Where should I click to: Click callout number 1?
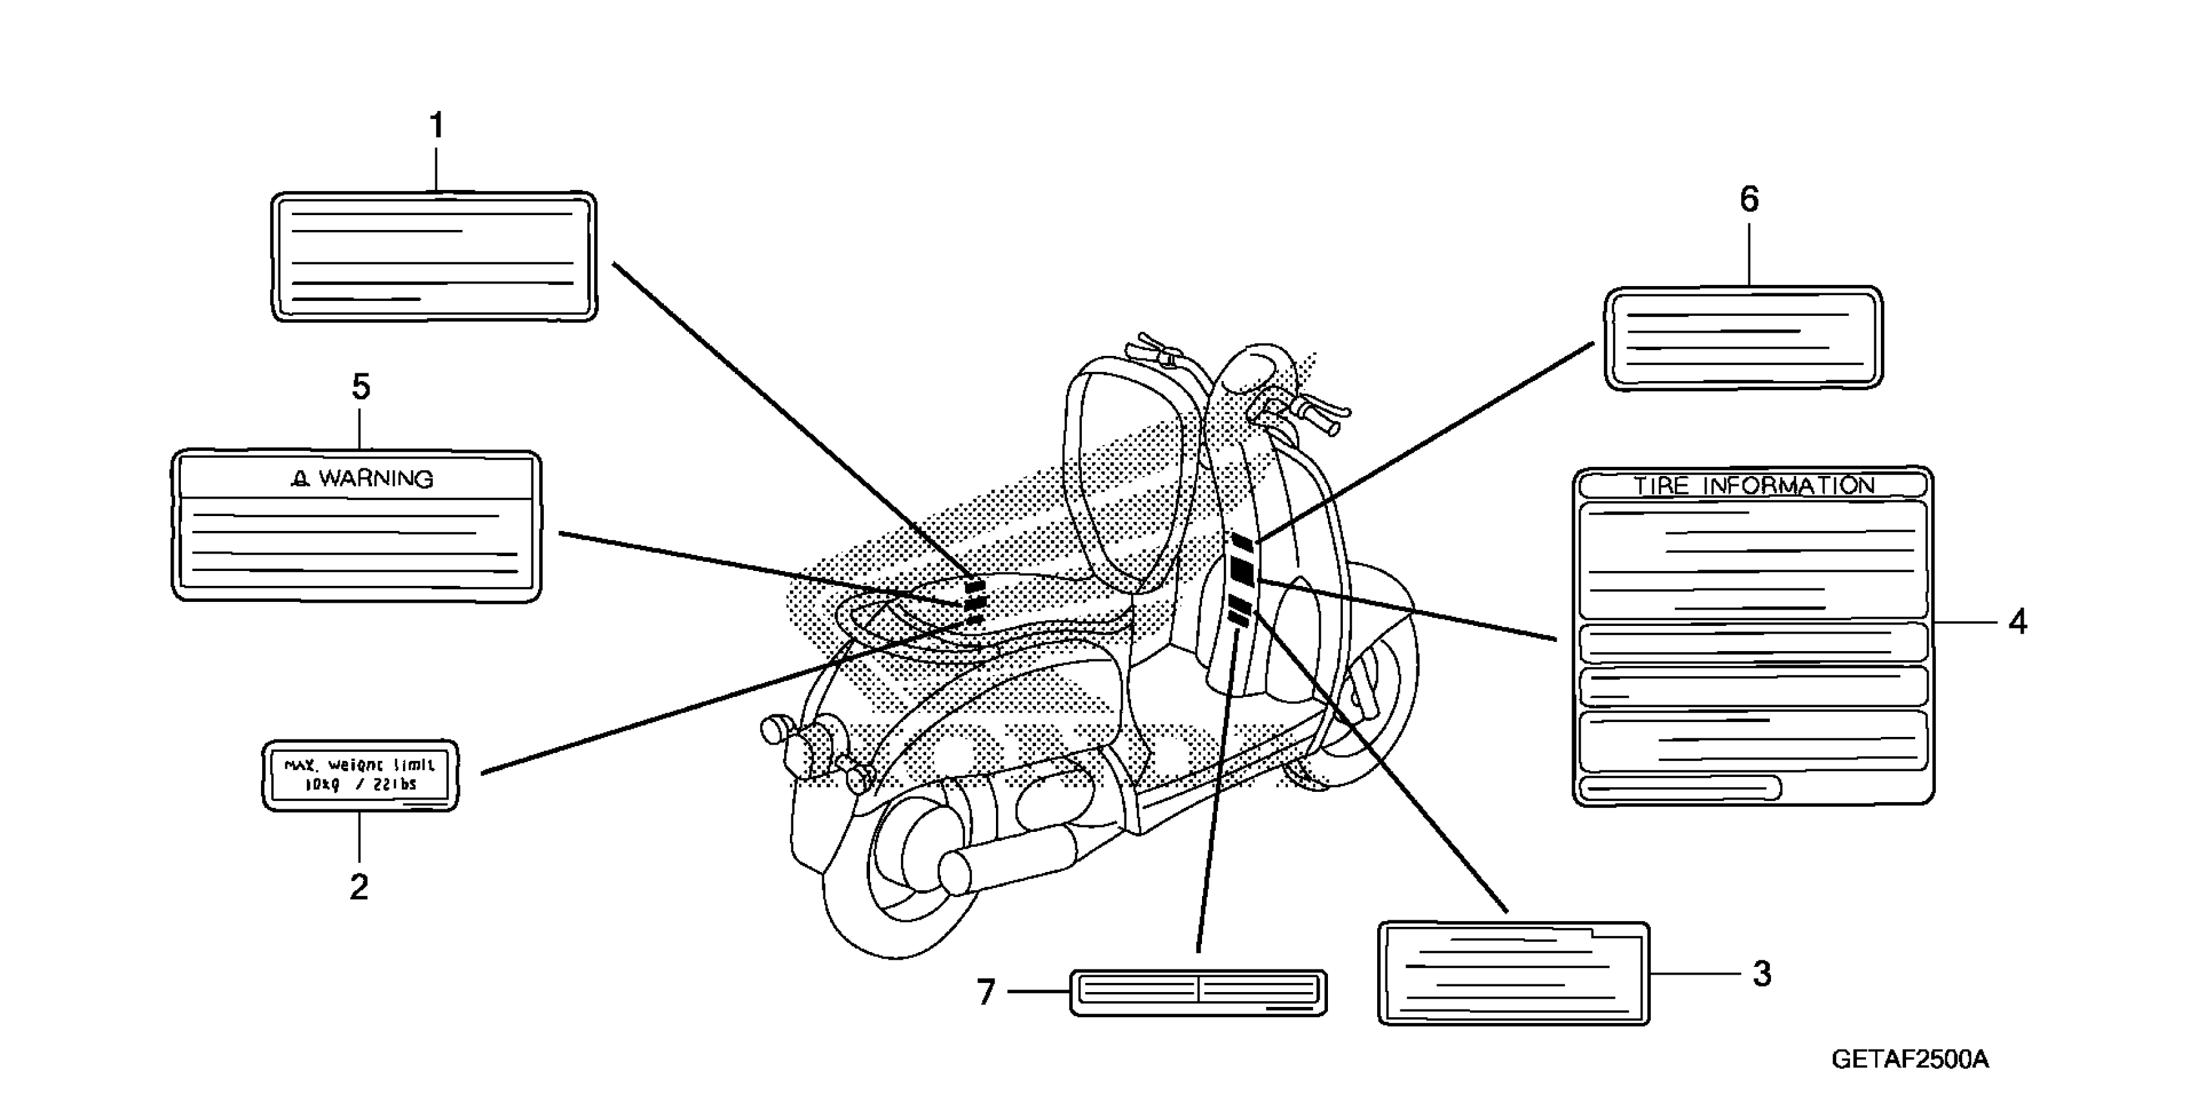(436, 126)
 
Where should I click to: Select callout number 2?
(359, 887)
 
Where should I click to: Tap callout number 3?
(1762, 973)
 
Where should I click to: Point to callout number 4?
(2017, 622)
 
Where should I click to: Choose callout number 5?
(361, 388)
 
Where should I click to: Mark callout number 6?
(1749, 200)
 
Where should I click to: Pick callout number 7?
(986, 992)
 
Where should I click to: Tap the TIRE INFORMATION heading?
(1754, 486)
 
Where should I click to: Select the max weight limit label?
(359, 774)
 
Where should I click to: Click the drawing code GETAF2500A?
(1909, 1060)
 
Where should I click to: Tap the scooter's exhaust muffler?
(1007, 862)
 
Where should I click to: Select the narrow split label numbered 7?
(1198, 992)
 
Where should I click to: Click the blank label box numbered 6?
(1743, 338)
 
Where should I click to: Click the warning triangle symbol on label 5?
(300, 479)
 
